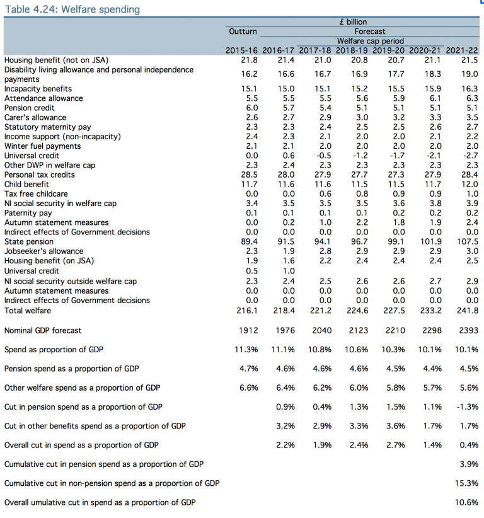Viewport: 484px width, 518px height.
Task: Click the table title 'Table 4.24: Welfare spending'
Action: (x=72, y=9)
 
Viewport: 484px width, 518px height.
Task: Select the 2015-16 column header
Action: (x=243, y=50)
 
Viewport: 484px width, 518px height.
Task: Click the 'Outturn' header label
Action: (x=243, y=31)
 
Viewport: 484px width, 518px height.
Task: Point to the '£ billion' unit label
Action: (x=353, y=22)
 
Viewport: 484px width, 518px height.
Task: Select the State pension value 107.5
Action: (x=466, y=241)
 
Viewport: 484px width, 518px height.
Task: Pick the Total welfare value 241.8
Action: (x=466, y=311)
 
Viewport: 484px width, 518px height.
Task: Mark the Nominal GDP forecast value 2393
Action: (x=468, y=330)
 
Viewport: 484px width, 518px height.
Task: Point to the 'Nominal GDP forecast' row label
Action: (x=43, y=330)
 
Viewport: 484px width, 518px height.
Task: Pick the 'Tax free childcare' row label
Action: (x=36, y=194)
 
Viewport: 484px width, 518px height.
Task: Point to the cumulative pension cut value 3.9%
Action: (x=468, y=464)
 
